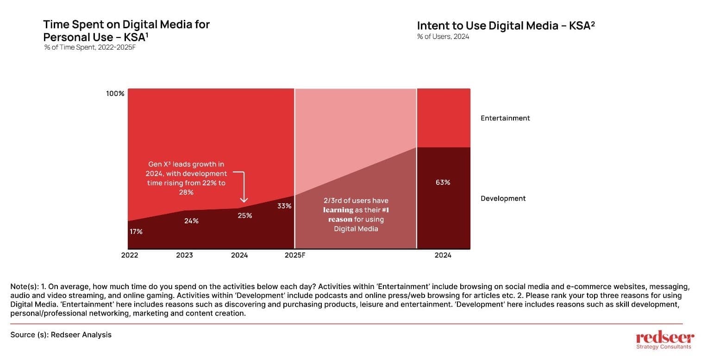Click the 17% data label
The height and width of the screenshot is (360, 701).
tap(136, 232)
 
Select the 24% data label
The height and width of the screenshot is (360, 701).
tap(191, 221)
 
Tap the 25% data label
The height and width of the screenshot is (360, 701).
tap(245, 215)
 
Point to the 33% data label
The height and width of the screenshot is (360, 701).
tap(284, 206)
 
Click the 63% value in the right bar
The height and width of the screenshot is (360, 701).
tap(443, 182)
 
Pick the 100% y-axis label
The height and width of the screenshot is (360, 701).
tap(115, 94)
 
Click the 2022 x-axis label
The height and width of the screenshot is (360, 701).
tap(130, 255)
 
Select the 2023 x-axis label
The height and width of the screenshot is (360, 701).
tap(184, 255)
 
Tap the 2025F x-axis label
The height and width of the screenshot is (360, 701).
tap(295, 255)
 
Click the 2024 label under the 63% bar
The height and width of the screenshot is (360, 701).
tap(443, 255)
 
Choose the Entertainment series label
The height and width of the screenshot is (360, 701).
tap(505, 118)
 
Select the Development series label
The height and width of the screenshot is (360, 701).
tap(503, 198)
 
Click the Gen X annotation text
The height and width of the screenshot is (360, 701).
tap(186, 178)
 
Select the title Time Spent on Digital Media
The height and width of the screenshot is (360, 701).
tap(126, 31)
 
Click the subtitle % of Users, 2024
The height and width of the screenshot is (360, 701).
tap(443, 37)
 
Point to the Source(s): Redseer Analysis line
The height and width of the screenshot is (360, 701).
tap(61, 335)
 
